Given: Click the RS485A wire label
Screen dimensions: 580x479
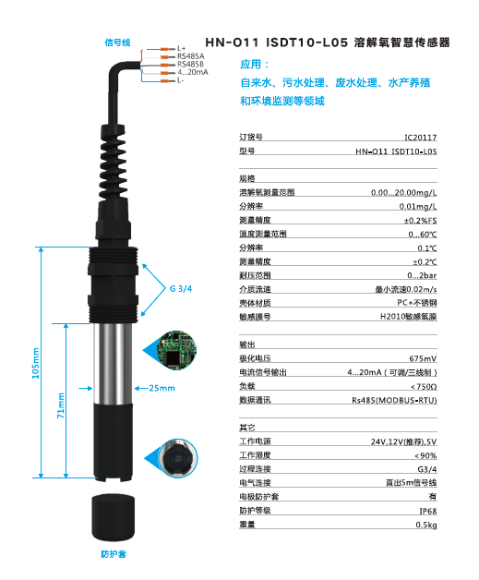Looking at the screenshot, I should (x=190, y=56).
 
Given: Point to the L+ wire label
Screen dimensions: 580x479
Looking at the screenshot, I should (x=181, y=48).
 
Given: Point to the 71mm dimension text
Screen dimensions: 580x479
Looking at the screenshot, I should (x=62, y=405).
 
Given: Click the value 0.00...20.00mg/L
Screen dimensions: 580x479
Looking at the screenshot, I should (x=403, y=193).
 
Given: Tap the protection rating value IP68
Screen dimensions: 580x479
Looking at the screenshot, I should (x=427, y=510).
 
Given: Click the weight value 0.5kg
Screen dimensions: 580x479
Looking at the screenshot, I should (x=426, y=525).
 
